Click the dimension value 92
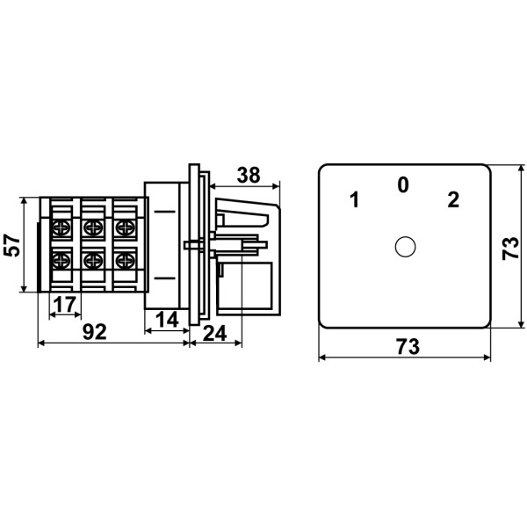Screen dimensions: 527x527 (x=95, y=332)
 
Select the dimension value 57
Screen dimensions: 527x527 (x=12, y=245)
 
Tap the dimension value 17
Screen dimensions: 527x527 (x=65, y=305)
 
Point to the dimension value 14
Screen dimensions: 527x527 (x=167, y=320)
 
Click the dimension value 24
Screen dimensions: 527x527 (x=215, y=334)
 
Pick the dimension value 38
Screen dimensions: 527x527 (x=249, y=175)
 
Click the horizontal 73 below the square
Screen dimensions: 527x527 (x=408, y=347)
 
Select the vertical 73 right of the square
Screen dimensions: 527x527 (x=510, y=249)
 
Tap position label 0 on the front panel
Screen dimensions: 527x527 (x=403, y=184)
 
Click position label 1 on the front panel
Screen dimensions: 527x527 (x=354, y=199)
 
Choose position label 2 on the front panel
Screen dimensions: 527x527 (x=453, y=199)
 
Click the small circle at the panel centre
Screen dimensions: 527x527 (x=405, y=247)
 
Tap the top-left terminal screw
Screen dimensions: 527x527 (x=61, y=227)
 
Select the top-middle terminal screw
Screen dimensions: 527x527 (x=93, y=227)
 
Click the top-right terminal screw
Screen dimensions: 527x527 (x=125, y=227)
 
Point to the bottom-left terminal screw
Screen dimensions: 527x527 (x=61, y=260)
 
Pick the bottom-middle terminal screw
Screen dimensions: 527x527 (x=93, y=260)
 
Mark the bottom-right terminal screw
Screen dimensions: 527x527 (x=125, y=260)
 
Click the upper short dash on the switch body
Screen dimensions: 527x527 (x=165, y=212)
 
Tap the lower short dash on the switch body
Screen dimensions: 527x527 (x=165, y=278)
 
